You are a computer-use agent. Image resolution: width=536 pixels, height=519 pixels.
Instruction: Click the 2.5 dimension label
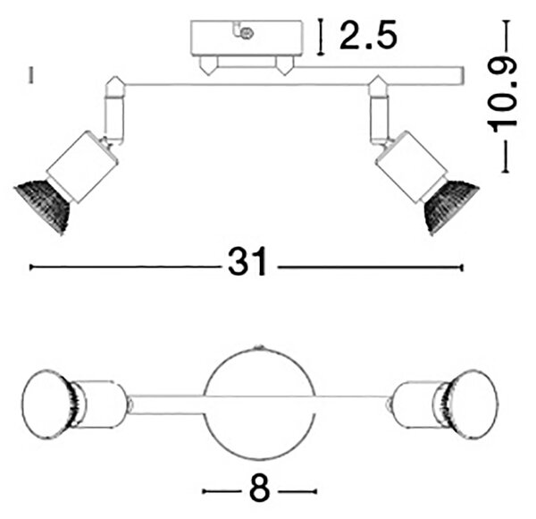pos(368,35)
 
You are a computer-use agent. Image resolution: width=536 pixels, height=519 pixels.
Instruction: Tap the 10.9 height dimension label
pos(502,95)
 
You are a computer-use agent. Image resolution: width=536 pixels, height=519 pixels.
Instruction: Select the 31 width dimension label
pos(247,261)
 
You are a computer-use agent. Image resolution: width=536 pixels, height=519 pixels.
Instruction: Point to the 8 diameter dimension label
pos(259,491)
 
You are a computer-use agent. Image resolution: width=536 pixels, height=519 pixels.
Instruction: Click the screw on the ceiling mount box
pos(247,33)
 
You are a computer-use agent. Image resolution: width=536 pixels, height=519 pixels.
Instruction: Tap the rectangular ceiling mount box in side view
pos(247,38)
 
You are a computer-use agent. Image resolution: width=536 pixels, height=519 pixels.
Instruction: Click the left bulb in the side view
pos(43,206)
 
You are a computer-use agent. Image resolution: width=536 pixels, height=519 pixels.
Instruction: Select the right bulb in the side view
pos(450,208)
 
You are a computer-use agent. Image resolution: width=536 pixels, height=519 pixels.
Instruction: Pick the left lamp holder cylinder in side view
pos(82,166)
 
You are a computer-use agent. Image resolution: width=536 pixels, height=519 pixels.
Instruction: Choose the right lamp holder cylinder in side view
pos(412,166)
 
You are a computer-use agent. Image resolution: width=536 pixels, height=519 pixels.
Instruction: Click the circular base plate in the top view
pos(259,404)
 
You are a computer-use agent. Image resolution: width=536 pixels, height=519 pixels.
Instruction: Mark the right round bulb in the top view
pos(471,404)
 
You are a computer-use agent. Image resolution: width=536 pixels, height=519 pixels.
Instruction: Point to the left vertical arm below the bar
pos(115,117)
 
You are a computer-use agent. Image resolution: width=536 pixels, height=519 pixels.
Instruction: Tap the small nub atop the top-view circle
pos(259,347)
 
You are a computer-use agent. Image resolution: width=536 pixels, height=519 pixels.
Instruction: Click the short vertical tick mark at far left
pos(31,75)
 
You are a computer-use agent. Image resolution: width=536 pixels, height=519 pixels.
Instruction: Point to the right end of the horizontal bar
pos(464,76)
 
